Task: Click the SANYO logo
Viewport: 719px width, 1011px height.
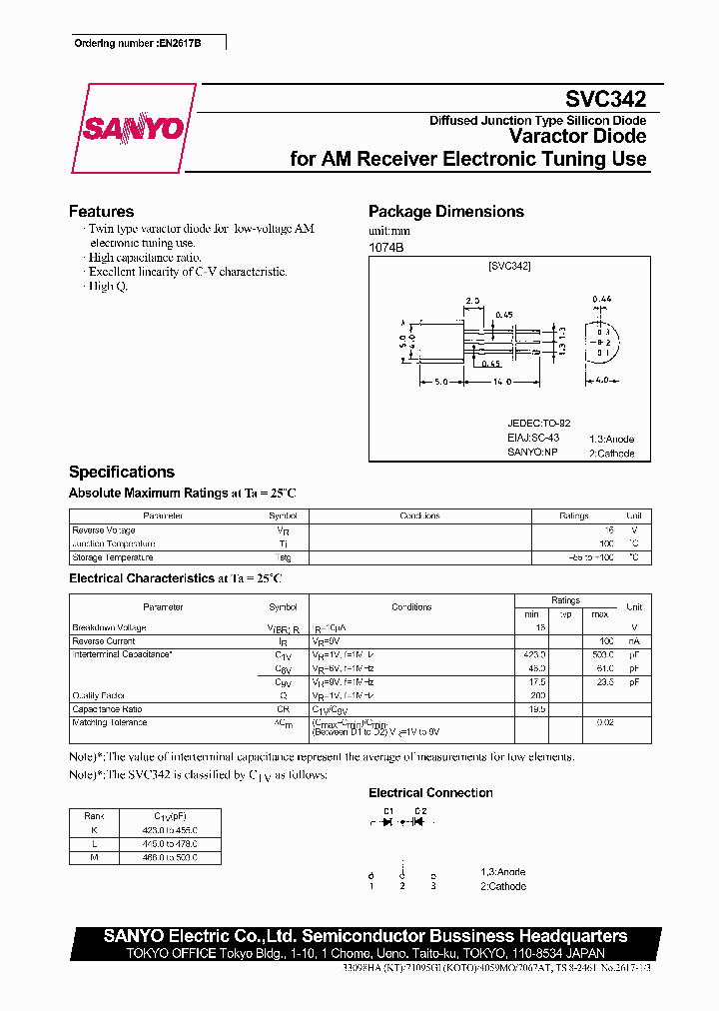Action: [x=133, y=129]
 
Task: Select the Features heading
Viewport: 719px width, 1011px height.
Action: [x=101, y=212]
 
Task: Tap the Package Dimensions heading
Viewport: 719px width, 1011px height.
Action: [x=445, y=212]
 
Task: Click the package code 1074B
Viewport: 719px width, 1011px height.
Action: [x=386, y=246]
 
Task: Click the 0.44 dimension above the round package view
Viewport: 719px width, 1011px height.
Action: [x=601, y=299]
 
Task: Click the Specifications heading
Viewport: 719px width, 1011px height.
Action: [x=121, y=472]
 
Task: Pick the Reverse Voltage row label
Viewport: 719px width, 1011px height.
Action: [x=104, y=530]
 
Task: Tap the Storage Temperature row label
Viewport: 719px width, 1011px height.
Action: [x=113, y=557]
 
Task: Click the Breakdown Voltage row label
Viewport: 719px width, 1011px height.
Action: [x=109, y=628]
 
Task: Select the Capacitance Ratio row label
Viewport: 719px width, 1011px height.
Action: [x=108, y=708]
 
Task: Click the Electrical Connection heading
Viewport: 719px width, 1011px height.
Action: [x=430, y=793]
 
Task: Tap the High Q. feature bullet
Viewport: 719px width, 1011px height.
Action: [x=108, y=286]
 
